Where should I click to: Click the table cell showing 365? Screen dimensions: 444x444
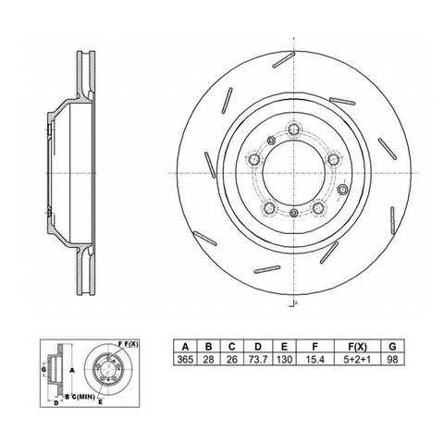click(x=185, y=359)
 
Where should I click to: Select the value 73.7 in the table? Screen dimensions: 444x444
click(x=258, y=359)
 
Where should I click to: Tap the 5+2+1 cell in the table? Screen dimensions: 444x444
click(x=358, y=359)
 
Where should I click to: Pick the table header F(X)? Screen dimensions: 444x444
click(x=358, y=347)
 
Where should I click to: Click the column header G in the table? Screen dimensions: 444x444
click(x=392, y=347)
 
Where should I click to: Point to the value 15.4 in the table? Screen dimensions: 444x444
click(x=314, y=359)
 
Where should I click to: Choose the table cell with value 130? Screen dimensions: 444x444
click(x=284, y=359)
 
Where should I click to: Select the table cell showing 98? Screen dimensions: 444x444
click(x=392, y=359)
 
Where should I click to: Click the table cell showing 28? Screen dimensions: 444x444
click(x=208, y=359)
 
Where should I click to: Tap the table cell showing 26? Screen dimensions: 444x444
click(x=232, y=359)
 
